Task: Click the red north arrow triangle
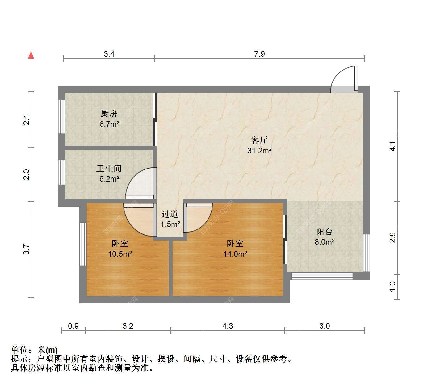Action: pos(31,55)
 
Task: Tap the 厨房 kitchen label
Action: pos(109,113)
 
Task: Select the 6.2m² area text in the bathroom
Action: pos(109,179)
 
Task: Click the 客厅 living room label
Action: pos(259,140)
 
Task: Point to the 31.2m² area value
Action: pos(259,151)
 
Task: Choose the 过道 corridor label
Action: pos(170,214)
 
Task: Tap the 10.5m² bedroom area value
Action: pos(120,254)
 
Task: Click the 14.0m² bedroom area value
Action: pos(235,254)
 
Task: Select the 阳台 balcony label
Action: pos(325,232)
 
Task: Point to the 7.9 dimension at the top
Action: pos(259,54)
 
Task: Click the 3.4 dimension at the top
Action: pos(109,54)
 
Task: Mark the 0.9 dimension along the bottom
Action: pos(73,326)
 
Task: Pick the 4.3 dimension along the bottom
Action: pos(228,326)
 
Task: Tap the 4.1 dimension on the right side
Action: pos(392,146)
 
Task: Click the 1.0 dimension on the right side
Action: pos(392,287)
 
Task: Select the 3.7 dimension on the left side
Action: pos(27,249)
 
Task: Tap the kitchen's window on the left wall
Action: pos(62,117)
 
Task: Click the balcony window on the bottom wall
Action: pos(322,276)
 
